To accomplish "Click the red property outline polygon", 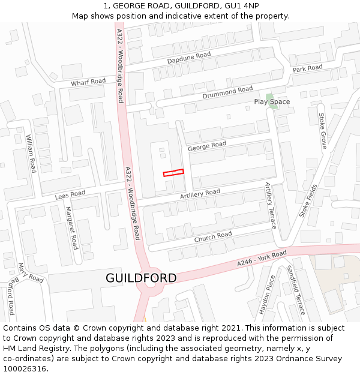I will point(173,172).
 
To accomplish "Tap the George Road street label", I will point(207,145).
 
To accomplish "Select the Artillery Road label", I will point(200,194).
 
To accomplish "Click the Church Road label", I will point(212,237).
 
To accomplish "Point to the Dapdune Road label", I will point(189,58).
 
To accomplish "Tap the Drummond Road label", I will point(227,92).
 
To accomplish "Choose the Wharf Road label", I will point(88,82).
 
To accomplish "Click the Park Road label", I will point(307,69).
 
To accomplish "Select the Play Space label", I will point(272,102).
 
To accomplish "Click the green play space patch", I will point(269,96).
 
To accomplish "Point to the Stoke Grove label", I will point(322,131).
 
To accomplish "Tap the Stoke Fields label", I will point(308,200).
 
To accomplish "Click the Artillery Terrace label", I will point(271,206).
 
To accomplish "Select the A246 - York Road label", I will point(262,259).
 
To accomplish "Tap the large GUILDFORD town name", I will point(141,278).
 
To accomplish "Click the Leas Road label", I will point(70,195).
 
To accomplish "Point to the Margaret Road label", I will point(71,228).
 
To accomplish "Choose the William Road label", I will point(31,153).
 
